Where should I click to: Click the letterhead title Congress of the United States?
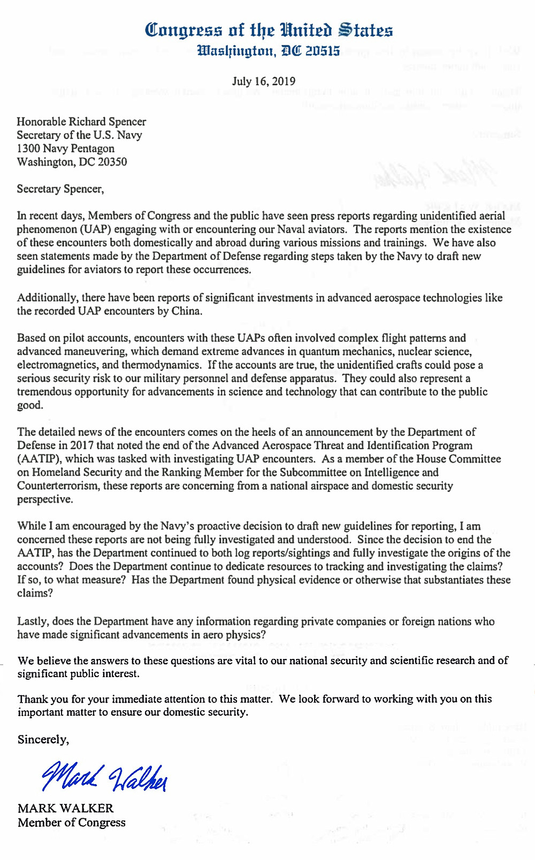pyautogui.click(x=269, y=30)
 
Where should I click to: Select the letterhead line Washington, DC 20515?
pyautogui.click(x=269, y=51)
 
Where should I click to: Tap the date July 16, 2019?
pyautogui.click(x=264, y=81)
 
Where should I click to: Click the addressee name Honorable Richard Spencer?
pyautogui.click(x=81, y=121)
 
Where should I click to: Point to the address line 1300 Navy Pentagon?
pyautogui.click(x=66, y=148)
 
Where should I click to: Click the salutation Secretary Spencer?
pyautogui.click(x=60, y=189)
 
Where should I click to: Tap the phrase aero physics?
pyautogui.click(x=236, y=634)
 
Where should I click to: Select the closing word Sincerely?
pyautogui.click(x=43, y=739)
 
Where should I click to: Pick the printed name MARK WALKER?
pyautogui.click(x=66, y=808)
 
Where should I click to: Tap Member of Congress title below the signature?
pyautogui.click(x=72, y=822)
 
